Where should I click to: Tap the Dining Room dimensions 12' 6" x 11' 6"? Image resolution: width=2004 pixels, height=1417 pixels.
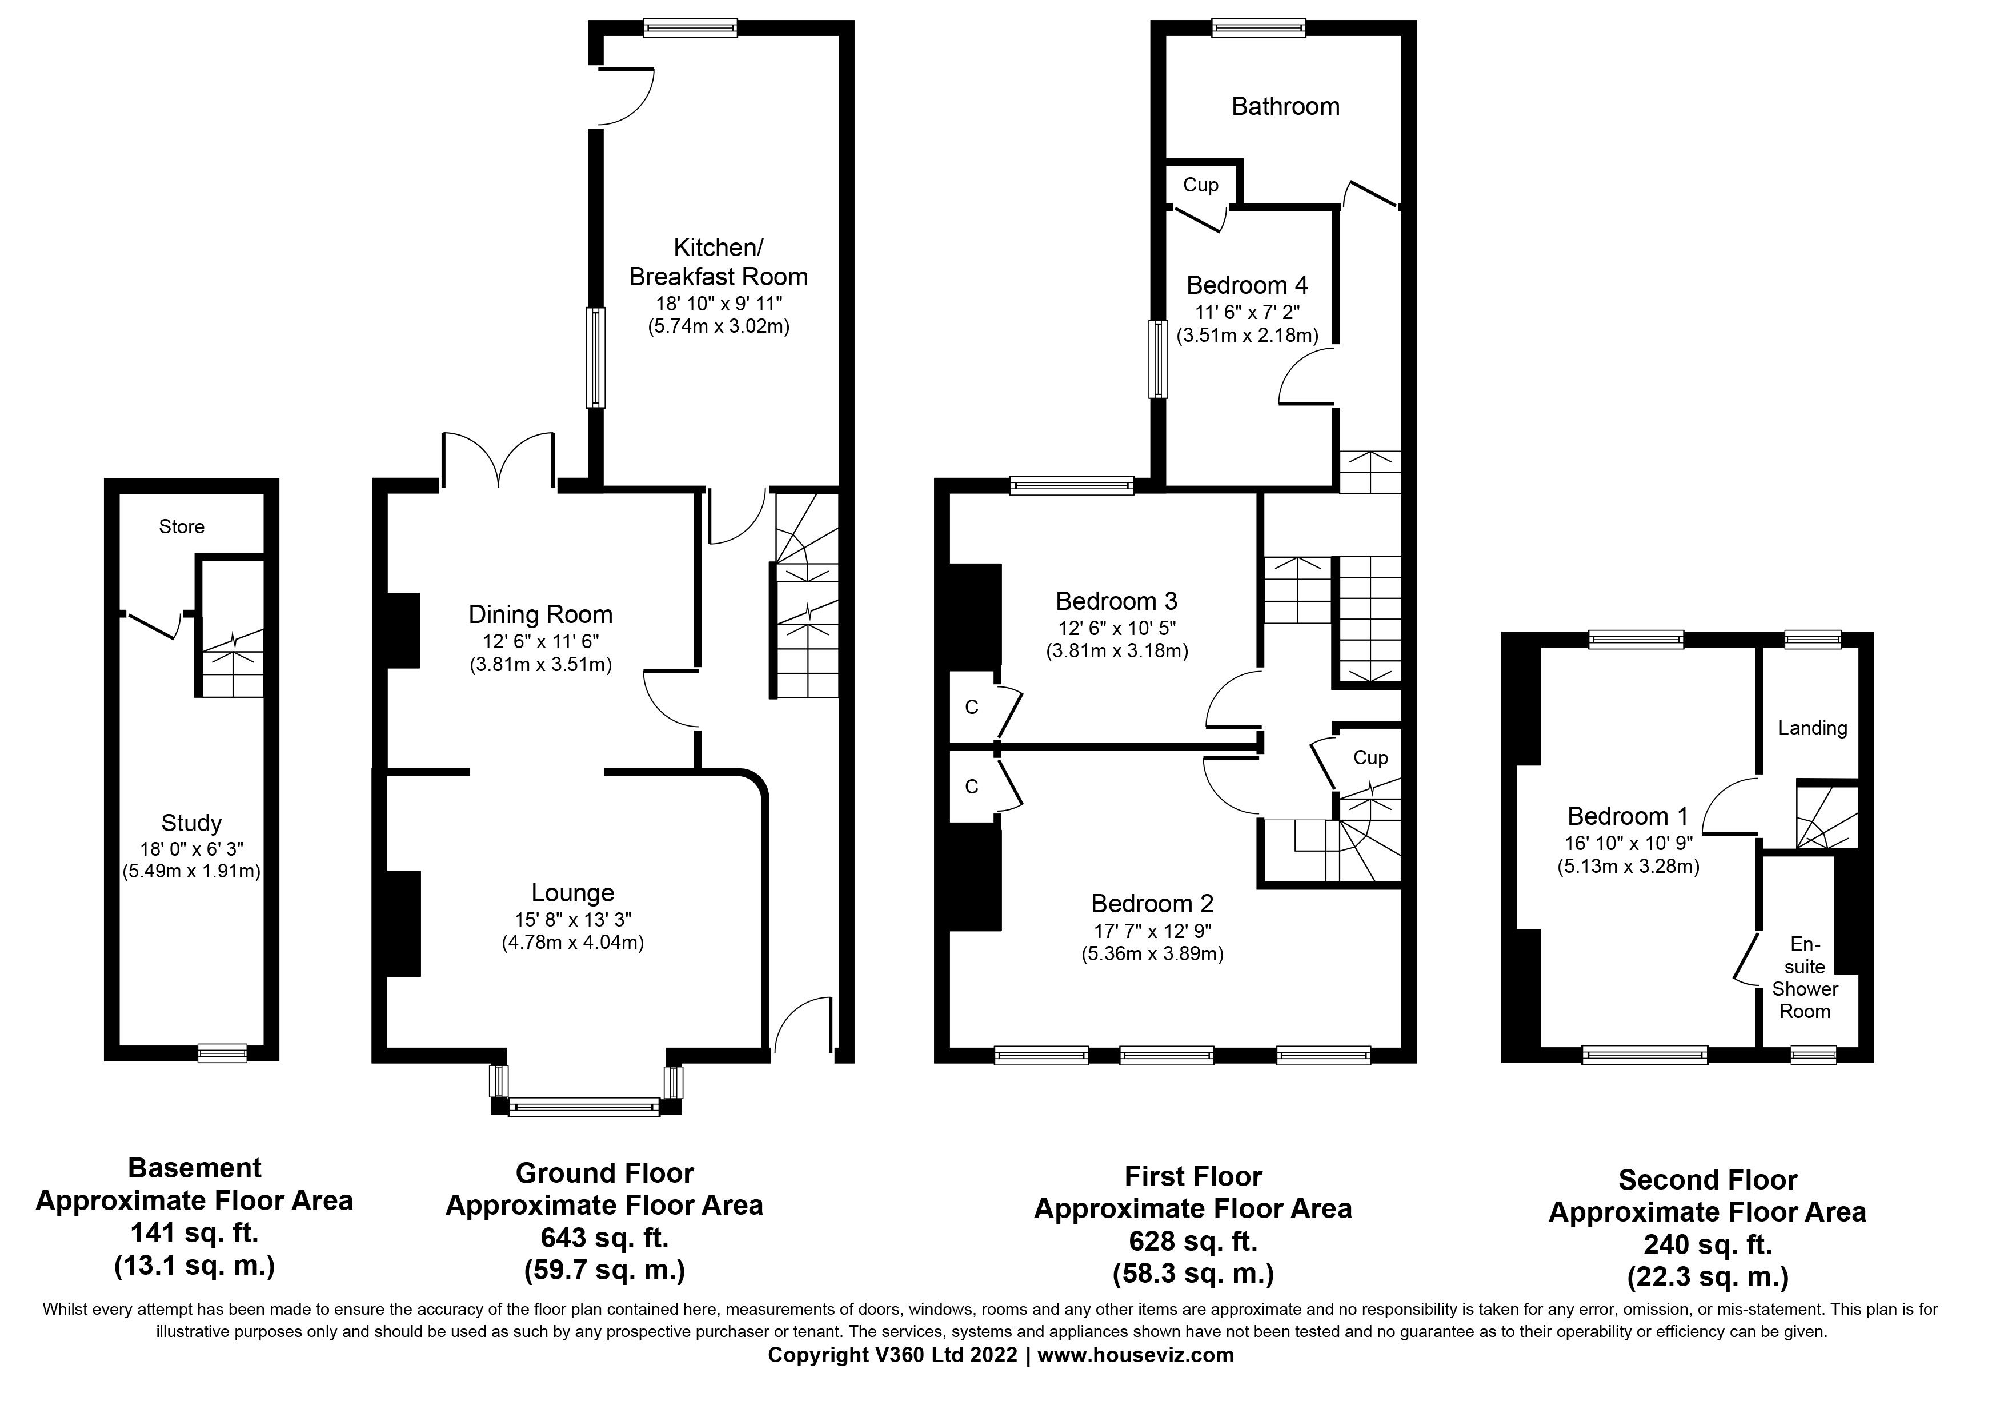(x=540, y=641)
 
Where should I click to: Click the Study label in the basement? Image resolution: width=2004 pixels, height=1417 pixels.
(x=191, y=823)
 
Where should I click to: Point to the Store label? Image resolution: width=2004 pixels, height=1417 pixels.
(x=182, y=526)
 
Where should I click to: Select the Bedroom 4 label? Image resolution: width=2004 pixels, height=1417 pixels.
(x=1247, y=285)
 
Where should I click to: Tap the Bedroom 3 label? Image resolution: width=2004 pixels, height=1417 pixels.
(x=1116, y=601)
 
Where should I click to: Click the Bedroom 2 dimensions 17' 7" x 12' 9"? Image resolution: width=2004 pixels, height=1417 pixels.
(x=1152, y=931)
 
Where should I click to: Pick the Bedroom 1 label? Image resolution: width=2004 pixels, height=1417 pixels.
(x=1628, y=816)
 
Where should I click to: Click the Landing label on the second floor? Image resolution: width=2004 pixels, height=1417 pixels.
(x=1812, y=728)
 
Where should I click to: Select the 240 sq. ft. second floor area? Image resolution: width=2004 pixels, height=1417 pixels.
(x=1708, y=1244)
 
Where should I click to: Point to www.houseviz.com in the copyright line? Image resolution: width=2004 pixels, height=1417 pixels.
(x=1135, y=1355)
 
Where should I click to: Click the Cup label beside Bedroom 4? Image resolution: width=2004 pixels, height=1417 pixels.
(x=1200, y=185)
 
